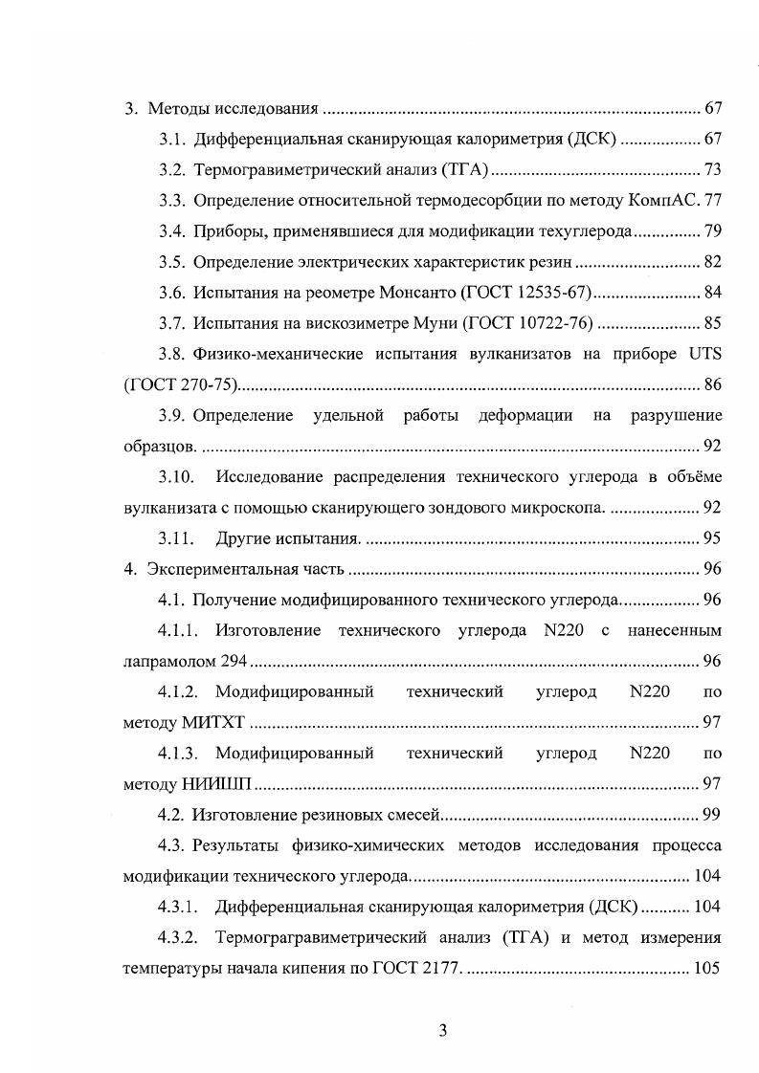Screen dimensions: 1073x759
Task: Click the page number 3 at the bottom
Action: coord(443,1030)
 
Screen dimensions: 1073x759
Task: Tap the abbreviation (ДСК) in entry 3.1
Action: coord(592,139)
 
